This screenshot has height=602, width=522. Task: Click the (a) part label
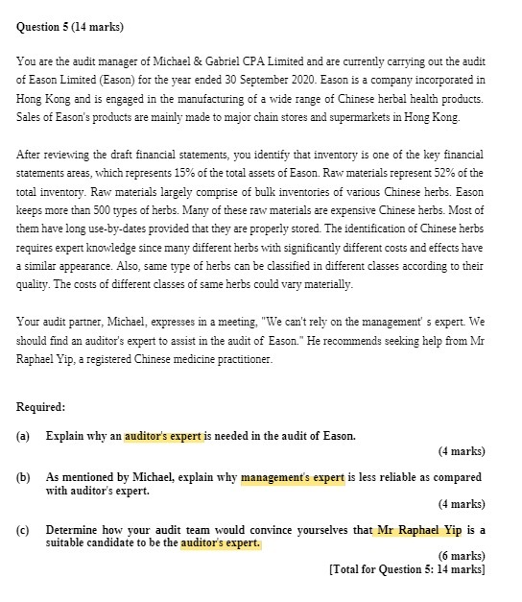(24, 436)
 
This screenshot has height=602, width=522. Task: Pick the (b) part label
(24, 477)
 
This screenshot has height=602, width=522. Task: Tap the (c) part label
(24, 530)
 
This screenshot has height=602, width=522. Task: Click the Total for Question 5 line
(406, 569)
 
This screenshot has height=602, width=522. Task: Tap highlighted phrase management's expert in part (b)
(292, 477)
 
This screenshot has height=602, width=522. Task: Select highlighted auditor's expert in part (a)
(164, 436)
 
